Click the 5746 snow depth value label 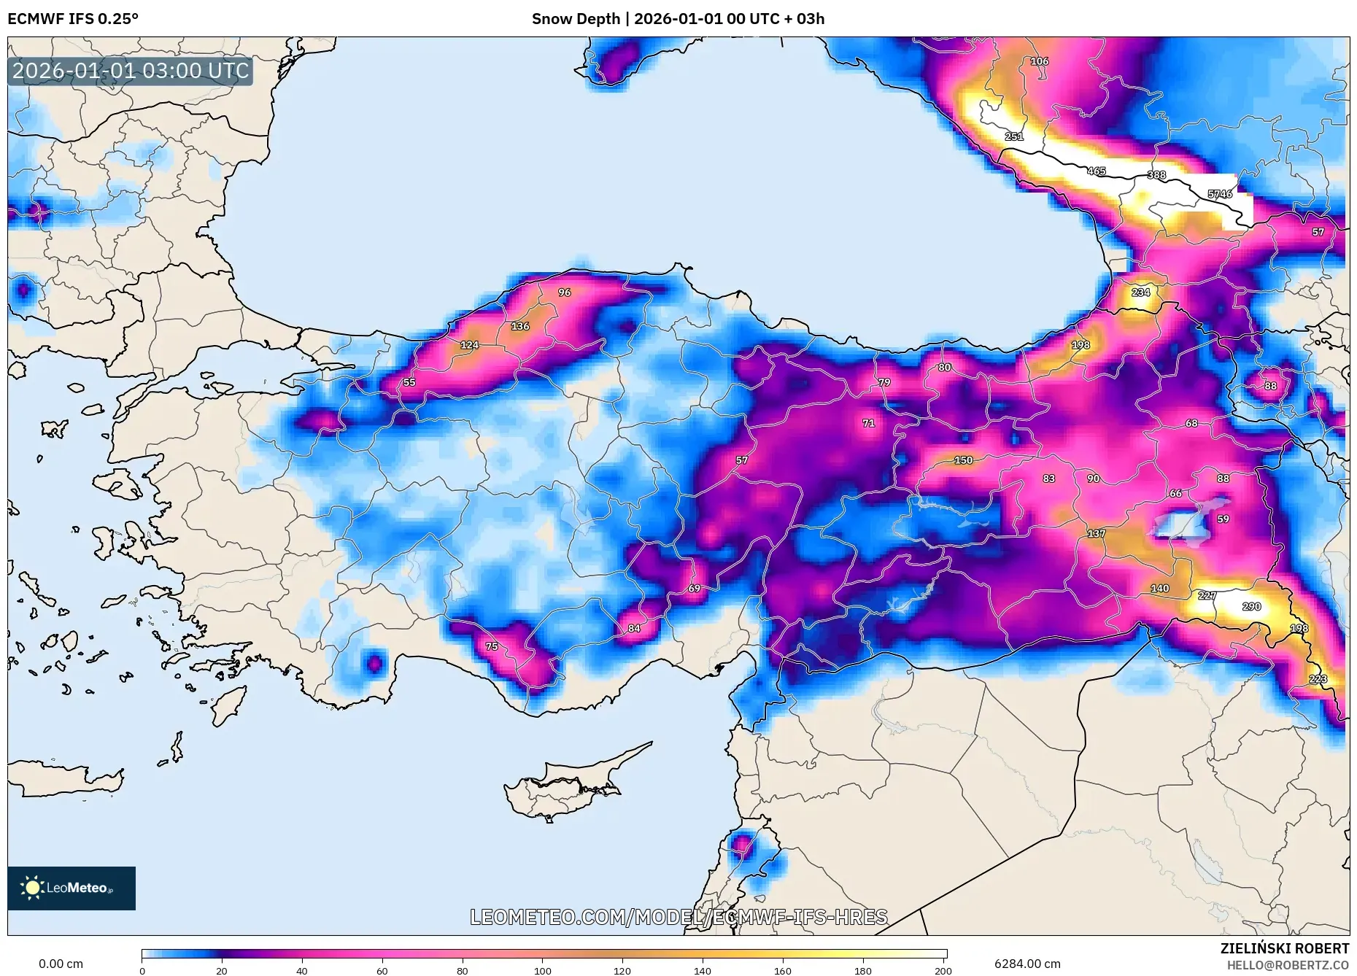coord(1220,194)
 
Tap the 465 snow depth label coord(1097,171)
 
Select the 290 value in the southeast coord(1251,606)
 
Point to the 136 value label coord(520,326)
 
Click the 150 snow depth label coord(963,460)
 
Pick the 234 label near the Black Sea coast coord(1140,293)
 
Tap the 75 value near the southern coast coord(492,646)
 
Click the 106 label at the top coord(1039,61)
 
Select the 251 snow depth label coord(1014,136)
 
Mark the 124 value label coord(469,345)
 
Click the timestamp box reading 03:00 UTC coord(131,71)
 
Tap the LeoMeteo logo coord(71,888)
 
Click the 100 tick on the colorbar coord(542,970)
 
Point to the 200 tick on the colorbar coord(943,970)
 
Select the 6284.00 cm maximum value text coord(1027,964)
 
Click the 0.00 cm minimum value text coord(61,964)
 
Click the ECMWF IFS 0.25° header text coord(73,18)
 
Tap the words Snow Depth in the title coord(576,18)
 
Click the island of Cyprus coord(562,788)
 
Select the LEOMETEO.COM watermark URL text coord(678,917)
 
